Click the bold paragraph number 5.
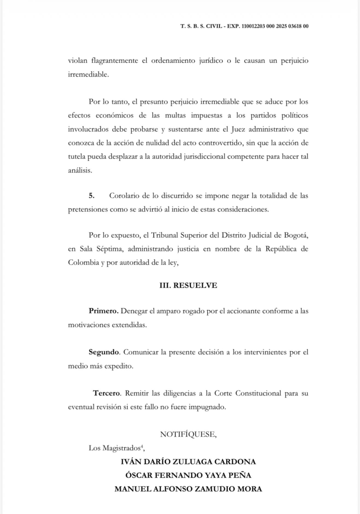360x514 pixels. tap(91, 194)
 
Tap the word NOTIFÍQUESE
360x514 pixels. tap(188, 434)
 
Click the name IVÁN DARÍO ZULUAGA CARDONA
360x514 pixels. tap(189, 461)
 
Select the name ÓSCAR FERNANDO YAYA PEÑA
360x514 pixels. tap(189, 475)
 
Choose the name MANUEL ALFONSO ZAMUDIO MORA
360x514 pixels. tap(189, 488)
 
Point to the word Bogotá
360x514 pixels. tap(294, 236)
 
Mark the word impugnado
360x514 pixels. tap(207, 407)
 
